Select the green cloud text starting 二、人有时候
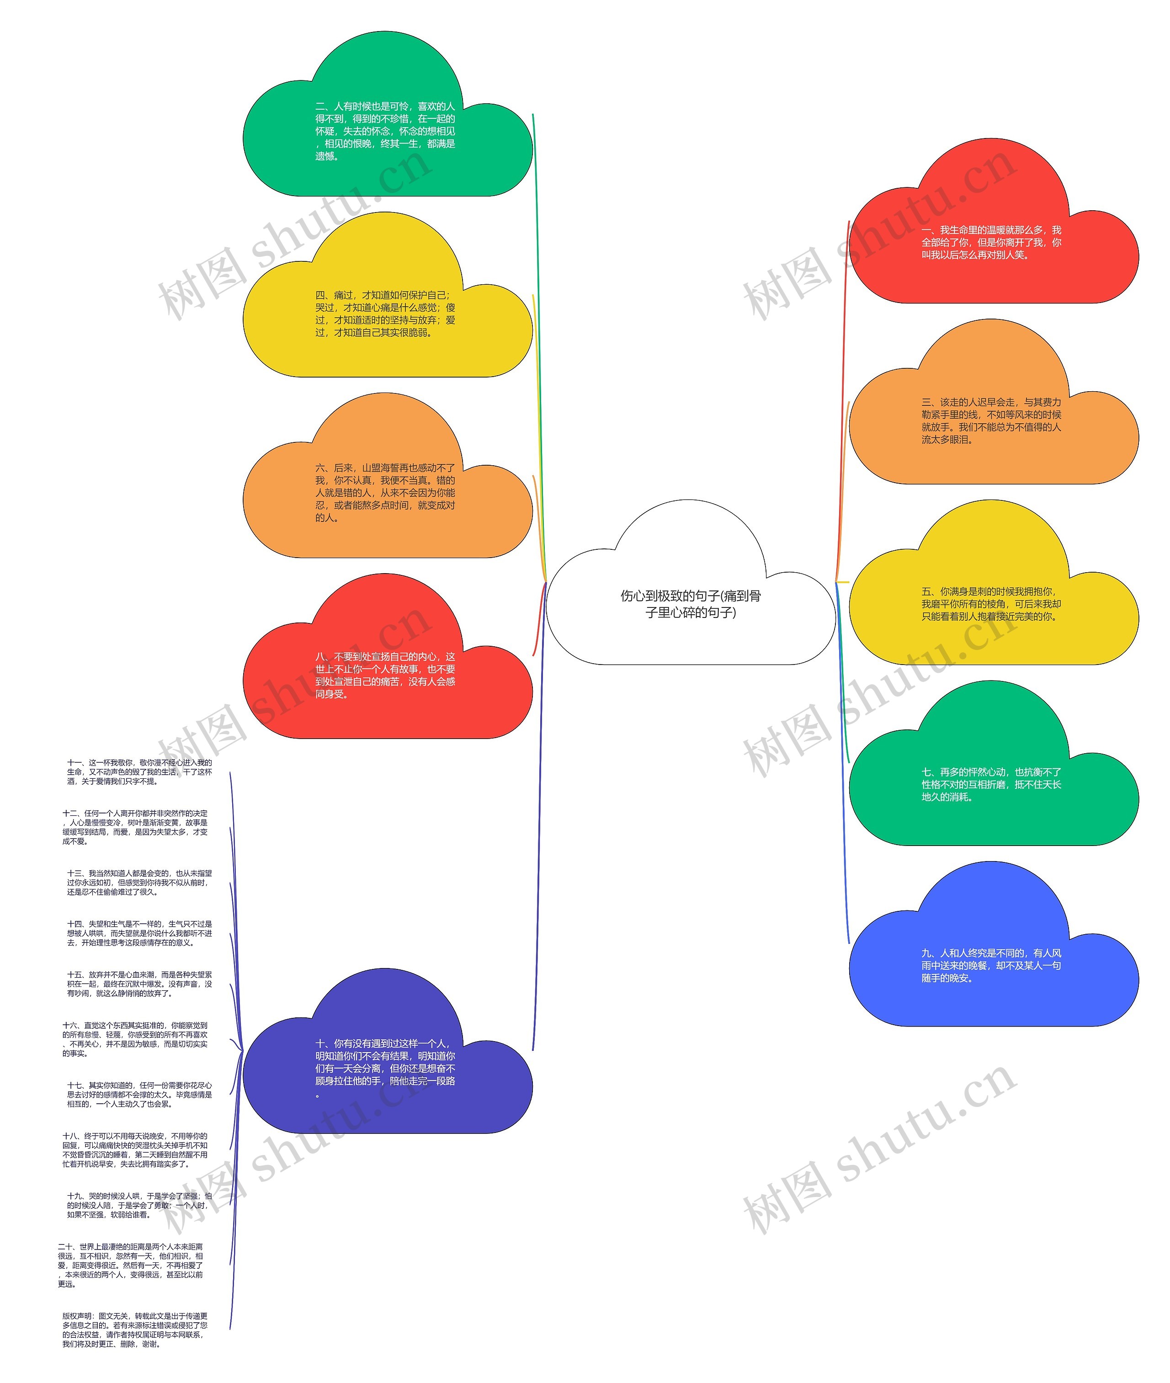tap(385, 131)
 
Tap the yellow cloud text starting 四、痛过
tap(385, 314)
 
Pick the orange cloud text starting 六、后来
tap(385, 492)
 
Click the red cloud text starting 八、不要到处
tap(385, 675)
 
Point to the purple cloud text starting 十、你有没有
tap(385, 1069)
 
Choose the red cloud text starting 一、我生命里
tap(991, 242)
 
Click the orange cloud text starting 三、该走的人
tap(991, 420)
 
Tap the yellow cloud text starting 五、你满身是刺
tap(991, 604)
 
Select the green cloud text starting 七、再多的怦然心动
tap(991, 785)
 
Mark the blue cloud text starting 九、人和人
tap(991, 965)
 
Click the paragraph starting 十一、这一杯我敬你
tap(139, 772)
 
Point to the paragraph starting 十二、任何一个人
tap(135, 827)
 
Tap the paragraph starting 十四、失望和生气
tap(139, 933)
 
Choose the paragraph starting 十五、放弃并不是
tap(139, 984)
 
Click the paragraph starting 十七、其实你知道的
tap(139, 1095)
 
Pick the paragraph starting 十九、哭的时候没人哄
tap(139, 1205)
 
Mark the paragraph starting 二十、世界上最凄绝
tap(131, 1266)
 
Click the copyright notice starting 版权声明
tap(135, 1330)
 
